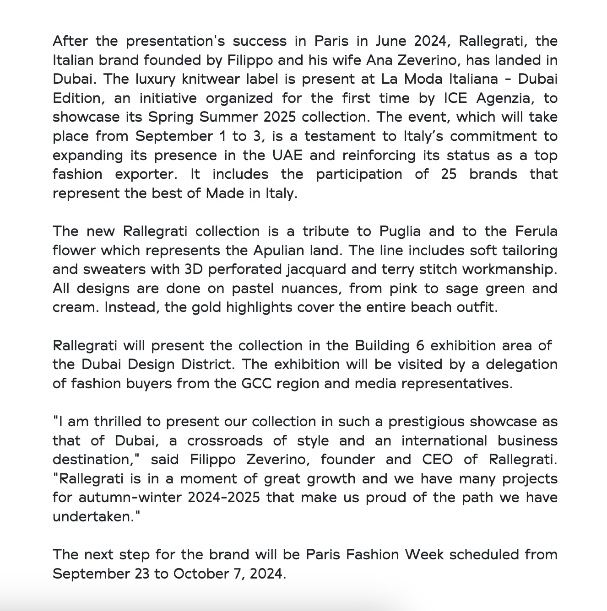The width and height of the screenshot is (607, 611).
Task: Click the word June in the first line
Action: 390,41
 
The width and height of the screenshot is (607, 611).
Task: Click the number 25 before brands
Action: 449,174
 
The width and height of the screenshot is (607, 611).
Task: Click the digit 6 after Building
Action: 420,346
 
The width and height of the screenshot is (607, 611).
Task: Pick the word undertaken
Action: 93,517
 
